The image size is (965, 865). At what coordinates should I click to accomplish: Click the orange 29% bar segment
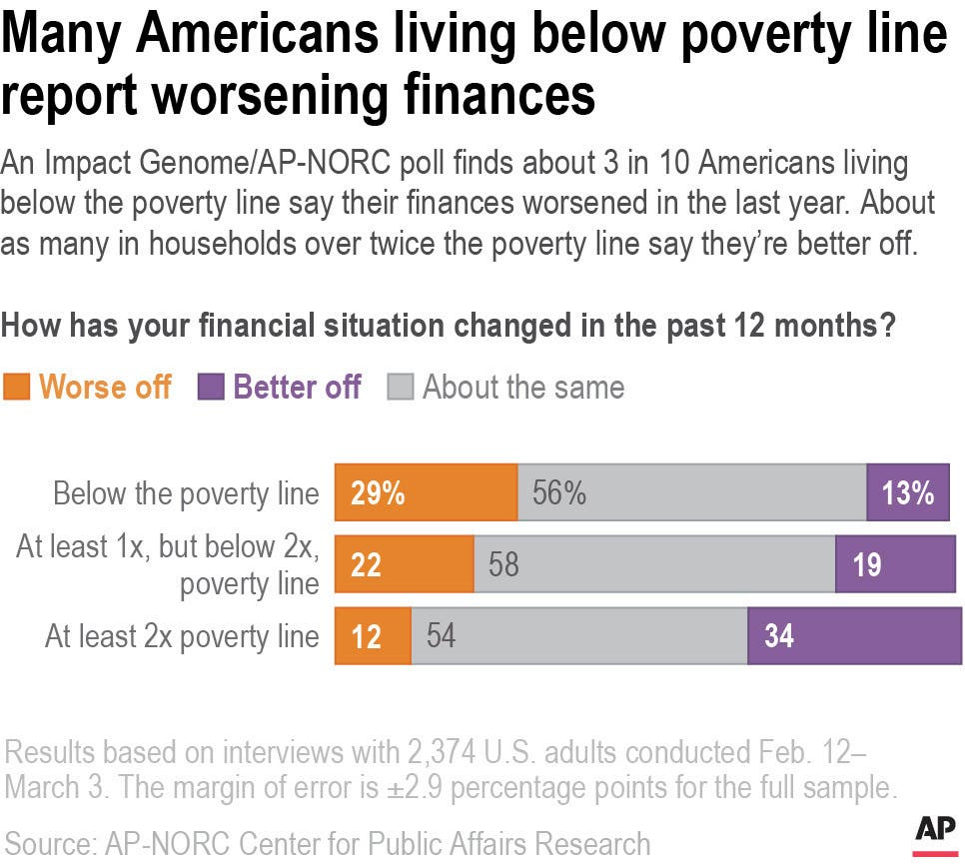click(x=426, y=492)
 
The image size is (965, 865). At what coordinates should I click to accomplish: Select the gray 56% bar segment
click(x=691, y=492)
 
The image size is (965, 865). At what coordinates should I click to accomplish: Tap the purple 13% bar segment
click(x=907, y=492)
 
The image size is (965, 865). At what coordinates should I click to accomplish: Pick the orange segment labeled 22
click(x=404, y=564)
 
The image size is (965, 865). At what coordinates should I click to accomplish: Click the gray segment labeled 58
click(x=654, y=564)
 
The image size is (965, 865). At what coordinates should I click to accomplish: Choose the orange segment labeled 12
click(x=373, y=636)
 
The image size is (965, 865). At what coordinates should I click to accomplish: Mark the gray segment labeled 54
click(x=578, y=636)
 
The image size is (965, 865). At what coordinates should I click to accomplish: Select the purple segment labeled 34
click(x=854, y=636)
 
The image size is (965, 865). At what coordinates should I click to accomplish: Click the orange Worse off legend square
click(x=16, y=388)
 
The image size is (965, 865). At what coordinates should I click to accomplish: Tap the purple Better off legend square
click(x=211, y=388)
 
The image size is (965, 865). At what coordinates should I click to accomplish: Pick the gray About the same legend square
click(x=401, y=388)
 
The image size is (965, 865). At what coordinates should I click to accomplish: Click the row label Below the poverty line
click(x=186, y=493)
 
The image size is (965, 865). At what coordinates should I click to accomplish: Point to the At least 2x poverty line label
click(x=182, y=637)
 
